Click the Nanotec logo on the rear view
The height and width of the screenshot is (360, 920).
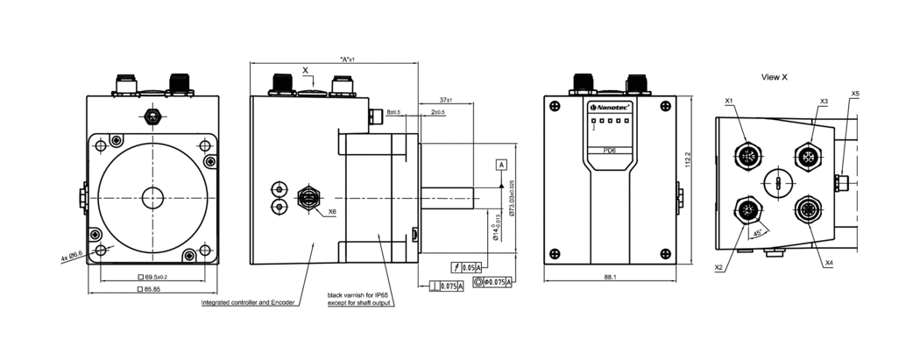(610, 106)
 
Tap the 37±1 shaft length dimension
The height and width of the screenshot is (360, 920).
(446, 99)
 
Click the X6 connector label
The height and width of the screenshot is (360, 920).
(332, 211)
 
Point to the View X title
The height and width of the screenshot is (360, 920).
(775, 77)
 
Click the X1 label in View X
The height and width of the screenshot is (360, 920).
(729, 102)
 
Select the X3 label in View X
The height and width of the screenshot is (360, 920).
(824, 102)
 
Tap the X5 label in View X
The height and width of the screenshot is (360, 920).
(855, 94)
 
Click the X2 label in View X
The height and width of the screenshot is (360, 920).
(718, 267)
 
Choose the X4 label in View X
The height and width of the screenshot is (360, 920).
(829, 264)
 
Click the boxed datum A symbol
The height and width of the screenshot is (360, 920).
(501, 165)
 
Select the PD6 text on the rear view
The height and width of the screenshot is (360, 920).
(611, 151)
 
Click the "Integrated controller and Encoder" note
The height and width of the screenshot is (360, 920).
(250, 303)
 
